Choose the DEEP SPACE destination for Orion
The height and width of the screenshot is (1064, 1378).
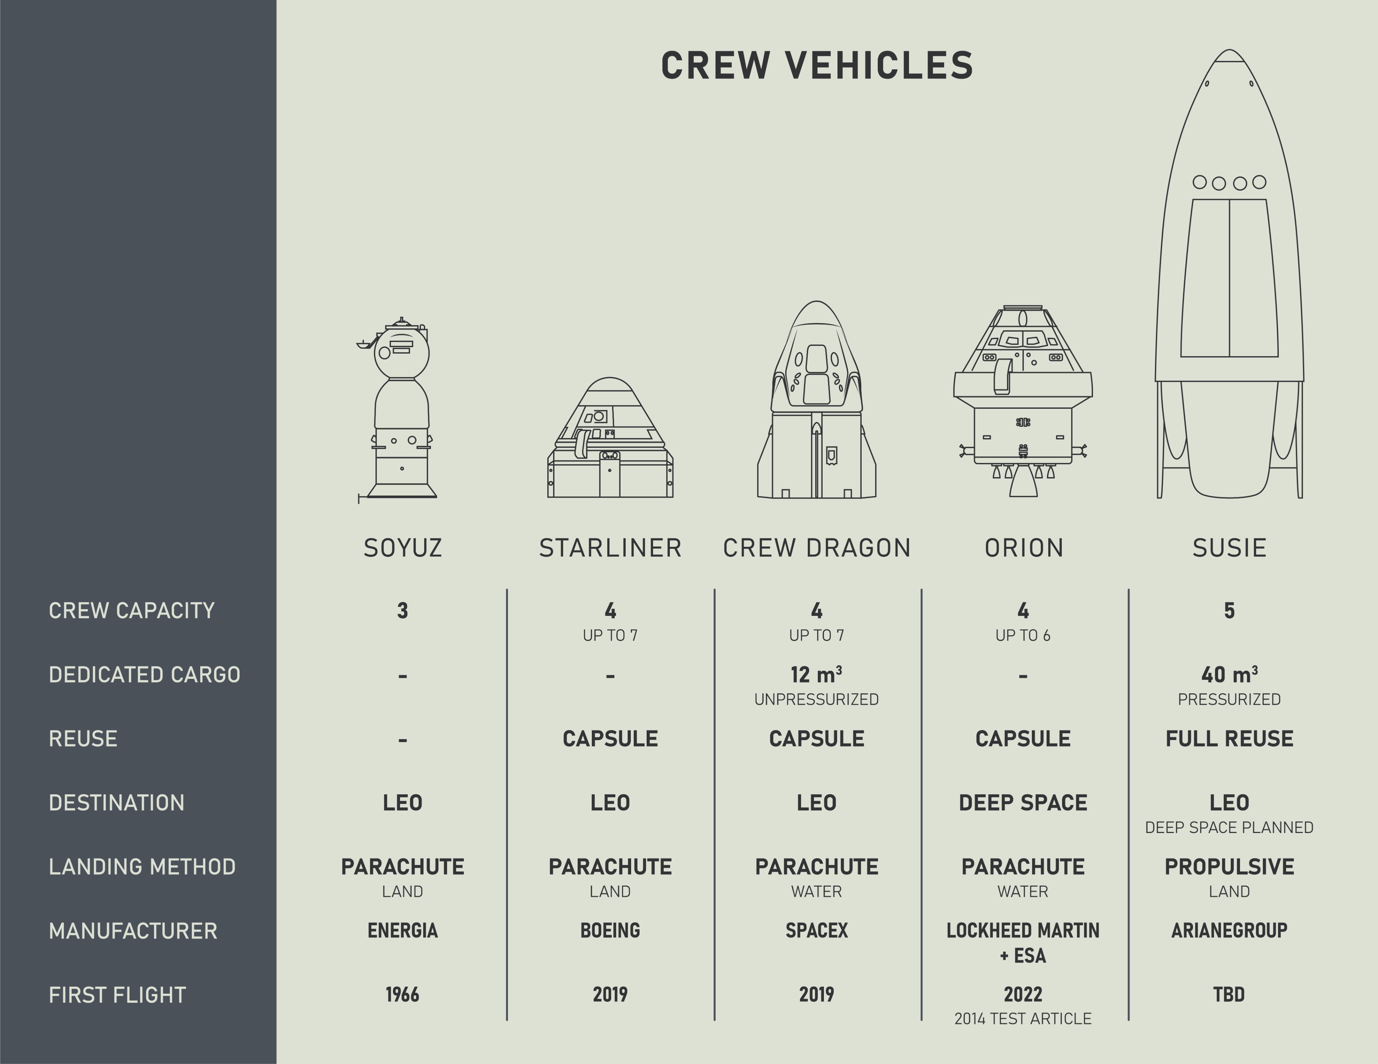pyautogui.click(x=1023, y=803)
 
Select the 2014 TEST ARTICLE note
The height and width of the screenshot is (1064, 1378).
pyautogui.click(x=1023, y=1019)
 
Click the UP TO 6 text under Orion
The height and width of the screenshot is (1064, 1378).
pyautogui.click(x=1023, y=636)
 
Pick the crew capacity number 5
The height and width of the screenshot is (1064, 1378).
pyautogui.click(x=1229, y=610)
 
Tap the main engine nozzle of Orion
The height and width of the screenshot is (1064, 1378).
pyautogui.click(x=1023, y=485)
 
